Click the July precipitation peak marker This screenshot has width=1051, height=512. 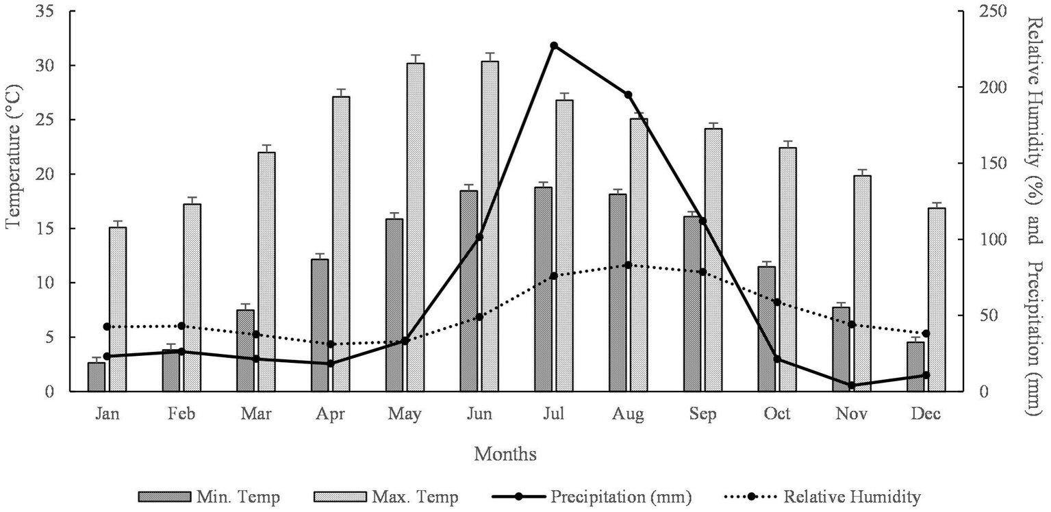(x=553, y=46)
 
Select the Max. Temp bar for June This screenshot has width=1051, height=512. (x=490, y=226)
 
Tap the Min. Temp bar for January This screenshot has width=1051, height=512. (x=97, y=376)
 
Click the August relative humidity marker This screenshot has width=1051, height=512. (x=628, y=265)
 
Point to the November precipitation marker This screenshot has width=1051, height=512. (x=852, y=385)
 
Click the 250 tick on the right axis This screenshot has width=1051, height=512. (x=985, y=11)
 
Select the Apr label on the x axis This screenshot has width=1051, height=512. (x=331, y=414)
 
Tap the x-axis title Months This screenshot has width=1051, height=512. (x=505, y=454)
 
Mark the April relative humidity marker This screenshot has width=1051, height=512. (x=331, y=344)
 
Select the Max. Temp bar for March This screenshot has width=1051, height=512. (x=266, y=271)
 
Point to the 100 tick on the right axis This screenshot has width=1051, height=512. (x=985, y=240)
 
